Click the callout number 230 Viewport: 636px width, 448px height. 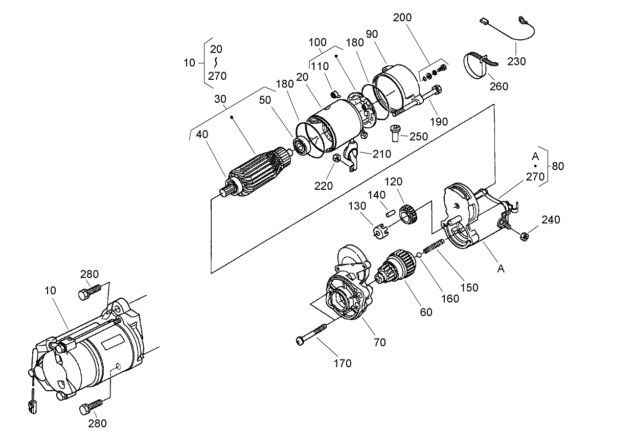516,61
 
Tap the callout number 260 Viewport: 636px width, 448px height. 498,86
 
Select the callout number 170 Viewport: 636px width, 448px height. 343,364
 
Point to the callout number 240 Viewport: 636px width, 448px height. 551,220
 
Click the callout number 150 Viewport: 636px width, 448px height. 469,287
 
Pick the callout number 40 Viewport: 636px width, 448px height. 203,135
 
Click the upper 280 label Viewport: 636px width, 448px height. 89,274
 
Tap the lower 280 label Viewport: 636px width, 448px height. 97,423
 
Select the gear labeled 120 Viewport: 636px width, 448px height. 407,213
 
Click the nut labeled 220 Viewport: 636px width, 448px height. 337,159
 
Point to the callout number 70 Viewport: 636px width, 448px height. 379,343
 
